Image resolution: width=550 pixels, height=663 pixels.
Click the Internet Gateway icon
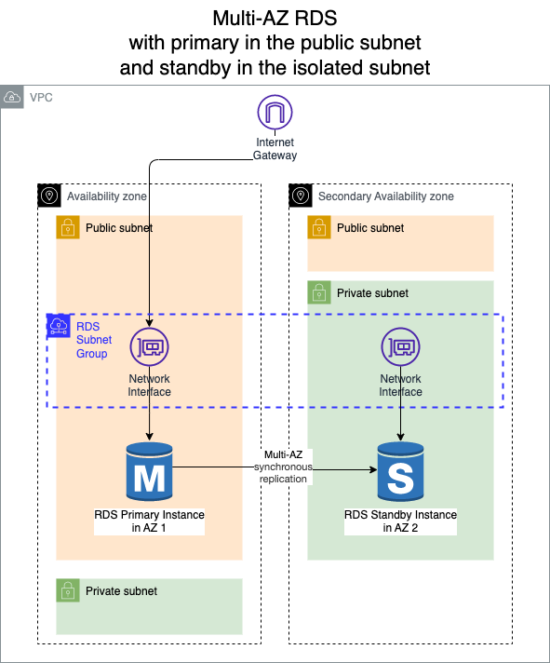tap(275, 112)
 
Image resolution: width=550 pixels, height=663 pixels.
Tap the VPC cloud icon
tap(12, 97)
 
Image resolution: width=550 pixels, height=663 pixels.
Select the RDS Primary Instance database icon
tap(149, 471)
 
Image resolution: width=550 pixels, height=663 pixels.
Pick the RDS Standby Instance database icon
tap(400, 471)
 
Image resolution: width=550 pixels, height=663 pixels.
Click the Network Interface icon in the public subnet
tap(149, 346)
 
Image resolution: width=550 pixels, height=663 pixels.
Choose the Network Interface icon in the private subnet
tap(400, 346)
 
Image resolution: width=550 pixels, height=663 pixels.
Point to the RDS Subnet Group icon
tap(59, 326)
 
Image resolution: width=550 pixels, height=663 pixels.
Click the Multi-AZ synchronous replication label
tap(283, 467)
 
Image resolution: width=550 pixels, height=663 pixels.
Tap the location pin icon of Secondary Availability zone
tap(301, 196)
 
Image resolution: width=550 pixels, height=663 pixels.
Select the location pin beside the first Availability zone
tap(49, 196)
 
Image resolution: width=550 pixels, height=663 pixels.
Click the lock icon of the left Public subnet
tap(68, 227)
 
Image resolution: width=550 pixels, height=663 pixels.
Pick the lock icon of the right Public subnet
tap(319, 227)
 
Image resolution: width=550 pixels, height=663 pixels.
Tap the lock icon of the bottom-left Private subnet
tap(68, 590)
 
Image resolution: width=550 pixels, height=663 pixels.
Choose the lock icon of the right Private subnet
tap(319, 292)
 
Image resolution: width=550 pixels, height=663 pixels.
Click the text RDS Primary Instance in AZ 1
tap(149, 521)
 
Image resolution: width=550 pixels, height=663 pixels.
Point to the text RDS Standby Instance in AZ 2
tap(400, 521)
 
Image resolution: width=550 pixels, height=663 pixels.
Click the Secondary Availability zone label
tap(386, 196)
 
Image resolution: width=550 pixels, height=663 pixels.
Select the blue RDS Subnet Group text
tap(94, 340)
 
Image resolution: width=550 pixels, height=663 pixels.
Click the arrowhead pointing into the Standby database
tap(373, 469)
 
